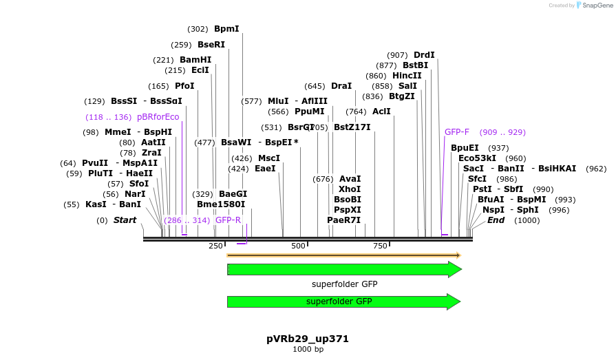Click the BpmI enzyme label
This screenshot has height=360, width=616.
point(226,29)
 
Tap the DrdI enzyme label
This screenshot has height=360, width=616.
point(424,55)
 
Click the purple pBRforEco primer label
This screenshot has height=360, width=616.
point(158,117)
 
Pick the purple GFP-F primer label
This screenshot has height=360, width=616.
point(457,131)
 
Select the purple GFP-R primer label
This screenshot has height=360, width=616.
point(228,220)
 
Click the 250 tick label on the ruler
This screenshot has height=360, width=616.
point(216,246)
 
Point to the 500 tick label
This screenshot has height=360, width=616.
point(298,246)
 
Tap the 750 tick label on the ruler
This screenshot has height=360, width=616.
point(380,246)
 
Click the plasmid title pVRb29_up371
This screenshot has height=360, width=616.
point(308,339)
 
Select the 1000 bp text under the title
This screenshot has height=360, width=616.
point(308,350)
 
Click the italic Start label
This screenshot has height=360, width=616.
point(125,220)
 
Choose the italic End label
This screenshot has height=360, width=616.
point(496,220)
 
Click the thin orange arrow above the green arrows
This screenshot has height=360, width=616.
point(343,255)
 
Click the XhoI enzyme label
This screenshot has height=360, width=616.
point(350,189)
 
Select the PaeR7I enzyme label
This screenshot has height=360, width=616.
point(343,220)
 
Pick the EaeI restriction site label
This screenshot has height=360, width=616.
point(265,168)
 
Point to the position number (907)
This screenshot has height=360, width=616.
point(397,55)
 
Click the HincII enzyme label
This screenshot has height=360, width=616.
point(407,76)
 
